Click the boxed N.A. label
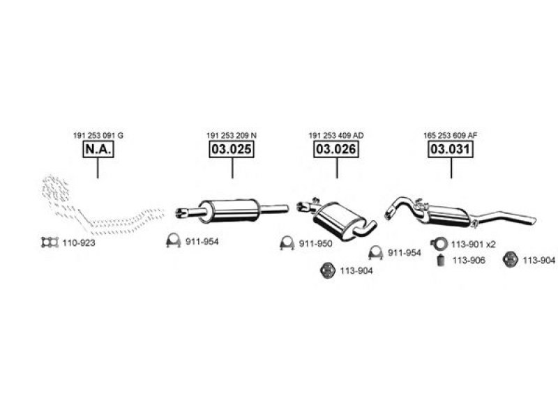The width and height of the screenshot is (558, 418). coord(98,149)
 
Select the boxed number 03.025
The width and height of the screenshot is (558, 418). coord(232,149)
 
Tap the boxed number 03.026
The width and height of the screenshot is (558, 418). coord(336,149)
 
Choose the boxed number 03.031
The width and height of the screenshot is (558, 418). coord(451,149)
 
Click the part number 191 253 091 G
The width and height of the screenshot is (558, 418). coord(98,135)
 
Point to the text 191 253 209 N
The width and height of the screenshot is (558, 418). coord(232,135)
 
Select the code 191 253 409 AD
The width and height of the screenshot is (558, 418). coord(336,135)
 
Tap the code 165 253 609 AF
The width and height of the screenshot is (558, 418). coord(450,135)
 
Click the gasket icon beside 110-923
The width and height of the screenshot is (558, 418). coord(50,242)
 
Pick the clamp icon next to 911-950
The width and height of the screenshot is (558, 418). coord(287,243)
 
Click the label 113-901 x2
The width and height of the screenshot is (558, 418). coord(474,245)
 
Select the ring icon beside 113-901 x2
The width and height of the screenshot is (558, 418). coord(439,244)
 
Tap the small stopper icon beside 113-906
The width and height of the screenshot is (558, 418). coord(441,261)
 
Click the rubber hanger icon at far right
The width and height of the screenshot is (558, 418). coord(511,259)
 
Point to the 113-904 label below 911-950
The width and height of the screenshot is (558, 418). coord(356,271)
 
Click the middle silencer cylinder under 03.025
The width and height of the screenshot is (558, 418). coord(229,211)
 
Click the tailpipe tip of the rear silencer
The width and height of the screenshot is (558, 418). coord(533,220)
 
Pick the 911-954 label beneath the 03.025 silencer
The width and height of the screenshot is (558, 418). coord(202,242)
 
